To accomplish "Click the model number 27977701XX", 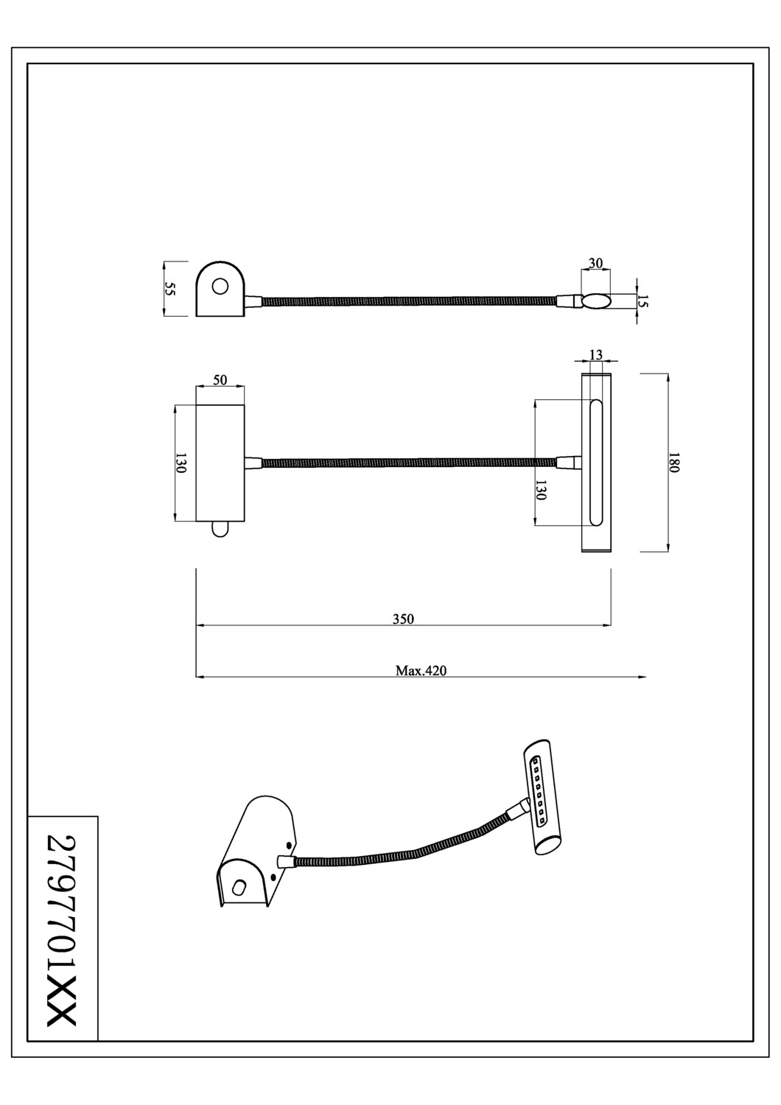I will coord(62,930).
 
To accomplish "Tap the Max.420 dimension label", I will coord(421,670).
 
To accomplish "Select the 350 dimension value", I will coord(403,619).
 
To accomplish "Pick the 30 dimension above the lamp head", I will coord(595,264).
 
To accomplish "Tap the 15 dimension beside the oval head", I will coord(642,301).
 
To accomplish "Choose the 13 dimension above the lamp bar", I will coord(596,355).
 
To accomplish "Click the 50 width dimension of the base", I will coord(220,380).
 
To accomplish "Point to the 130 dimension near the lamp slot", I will coord(541,490).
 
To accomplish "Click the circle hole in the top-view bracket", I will coord(220,286).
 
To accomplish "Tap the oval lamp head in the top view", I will coord(596,301).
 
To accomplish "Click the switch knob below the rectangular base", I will coord(220,529).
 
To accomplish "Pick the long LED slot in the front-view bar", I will coord(596,463).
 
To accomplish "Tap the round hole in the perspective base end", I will coord(238,888).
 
